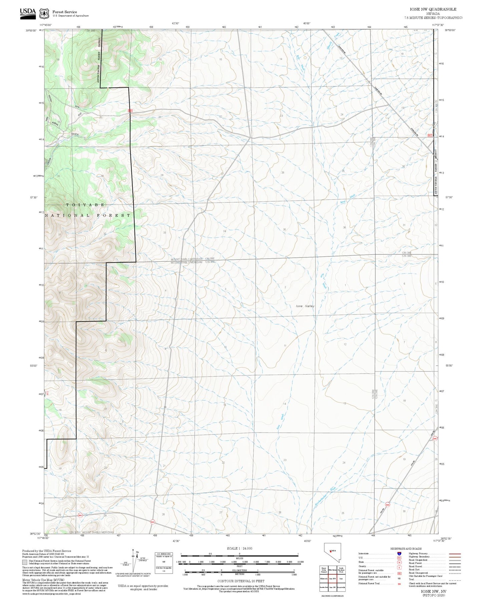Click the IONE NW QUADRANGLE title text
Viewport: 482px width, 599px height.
pos(433,9)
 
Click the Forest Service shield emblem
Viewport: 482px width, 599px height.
pos(44,13)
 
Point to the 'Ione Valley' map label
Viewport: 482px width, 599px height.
pos(305,306)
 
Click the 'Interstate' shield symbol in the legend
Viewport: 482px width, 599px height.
pos(399,553)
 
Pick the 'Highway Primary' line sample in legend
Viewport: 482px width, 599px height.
pos(455,553)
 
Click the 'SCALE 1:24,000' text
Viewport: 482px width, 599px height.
pos(239,548)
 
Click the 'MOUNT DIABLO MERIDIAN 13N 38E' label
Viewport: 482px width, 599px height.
pos(192,259)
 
